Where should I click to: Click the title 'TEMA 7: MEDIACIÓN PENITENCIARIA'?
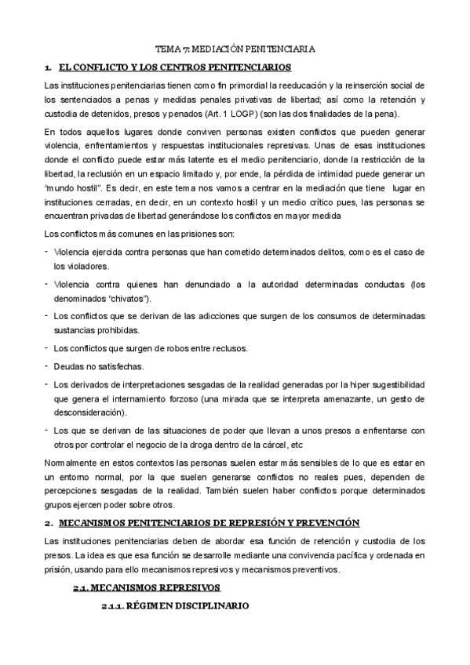235,49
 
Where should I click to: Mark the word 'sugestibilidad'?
396,384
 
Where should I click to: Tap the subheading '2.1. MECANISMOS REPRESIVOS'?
147,587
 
